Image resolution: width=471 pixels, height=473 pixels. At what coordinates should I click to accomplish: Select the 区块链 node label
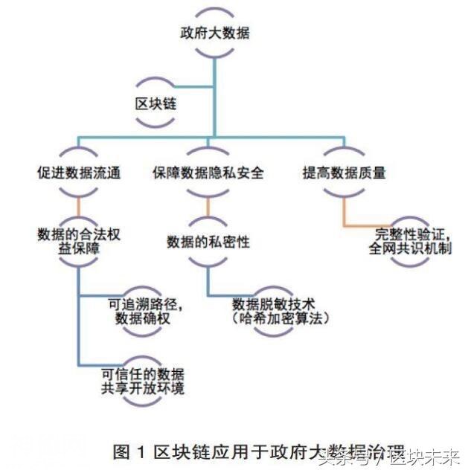point(154,103)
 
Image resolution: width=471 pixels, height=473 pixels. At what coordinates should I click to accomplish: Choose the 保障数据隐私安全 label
point(208,173)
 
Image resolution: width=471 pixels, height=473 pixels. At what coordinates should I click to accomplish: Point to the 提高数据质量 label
point(344,173)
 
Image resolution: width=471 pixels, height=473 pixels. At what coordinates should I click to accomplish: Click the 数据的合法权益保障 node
point(78,241)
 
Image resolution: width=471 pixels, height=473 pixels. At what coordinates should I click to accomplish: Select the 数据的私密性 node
point(208,241)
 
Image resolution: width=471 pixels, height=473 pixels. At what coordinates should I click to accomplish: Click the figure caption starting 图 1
point(216,451)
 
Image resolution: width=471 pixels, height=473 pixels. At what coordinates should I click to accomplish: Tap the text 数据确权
point(145,318)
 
